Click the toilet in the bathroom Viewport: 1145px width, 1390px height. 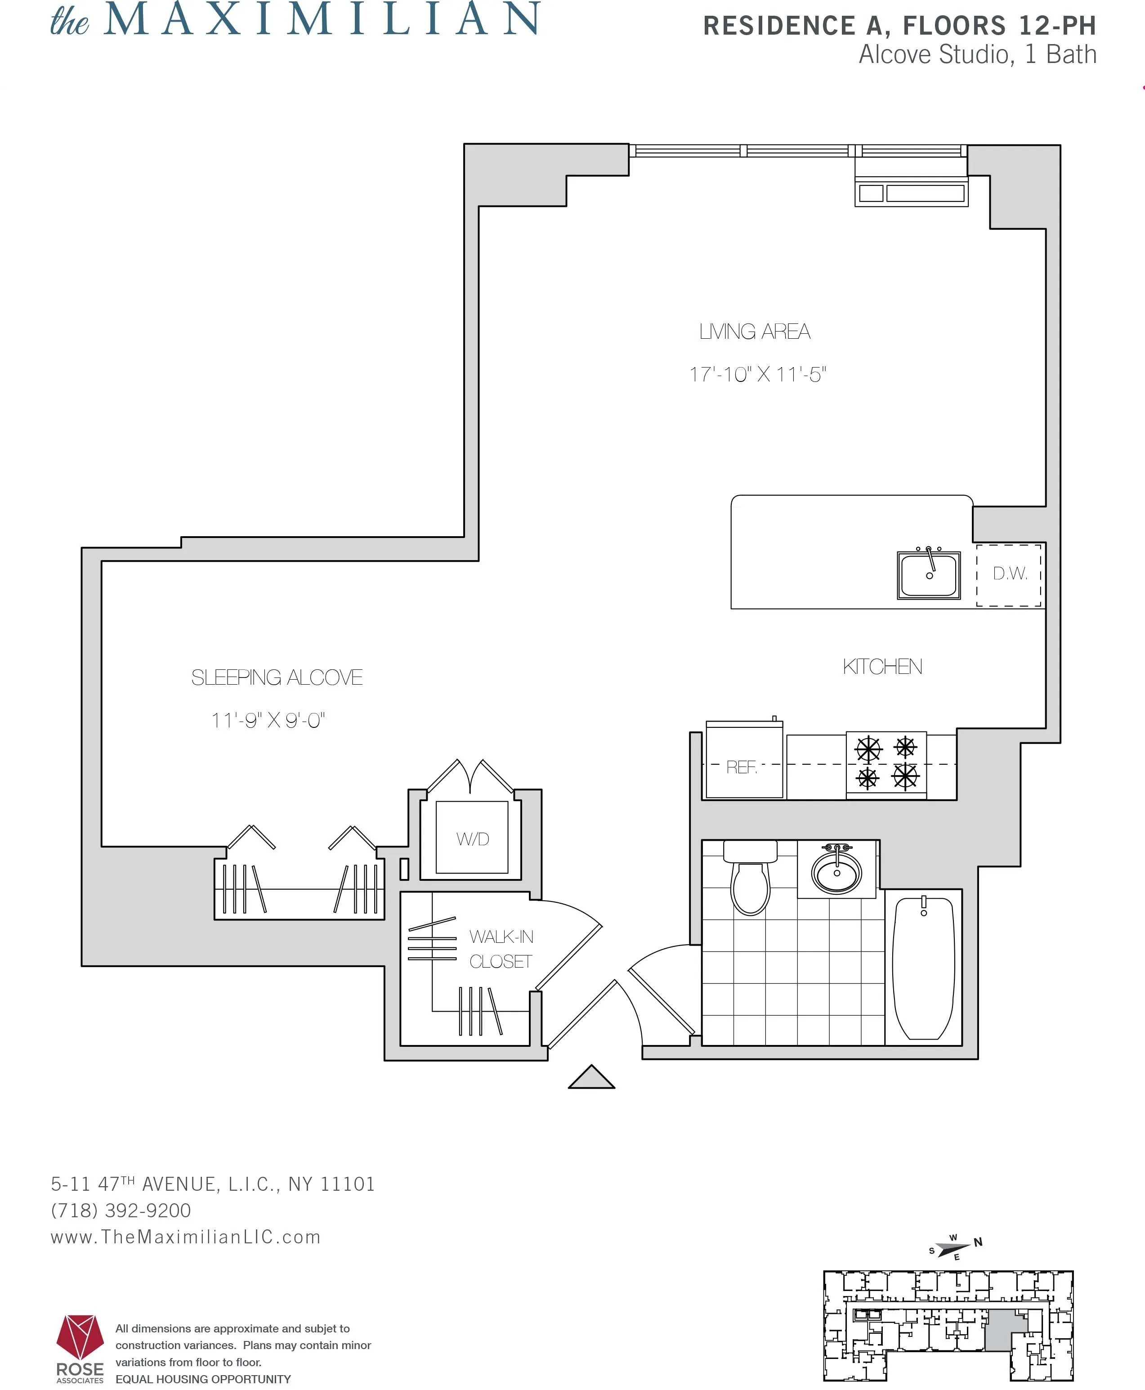[x=751, y=881]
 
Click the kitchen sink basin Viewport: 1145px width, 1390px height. [x=929, y=576]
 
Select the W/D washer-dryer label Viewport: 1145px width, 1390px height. [x=472, y=839]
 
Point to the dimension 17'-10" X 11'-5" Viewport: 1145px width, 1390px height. [x=757, y=375]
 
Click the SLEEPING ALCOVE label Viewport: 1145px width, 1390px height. [x=277, y=677]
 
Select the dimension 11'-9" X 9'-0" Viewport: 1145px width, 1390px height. [x=268, y=720]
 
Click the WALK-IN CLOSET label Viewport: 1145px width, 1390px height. [x=501, y=949]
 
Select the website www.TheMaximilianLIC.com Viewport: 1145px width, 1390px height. [x=185, y=1237]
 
